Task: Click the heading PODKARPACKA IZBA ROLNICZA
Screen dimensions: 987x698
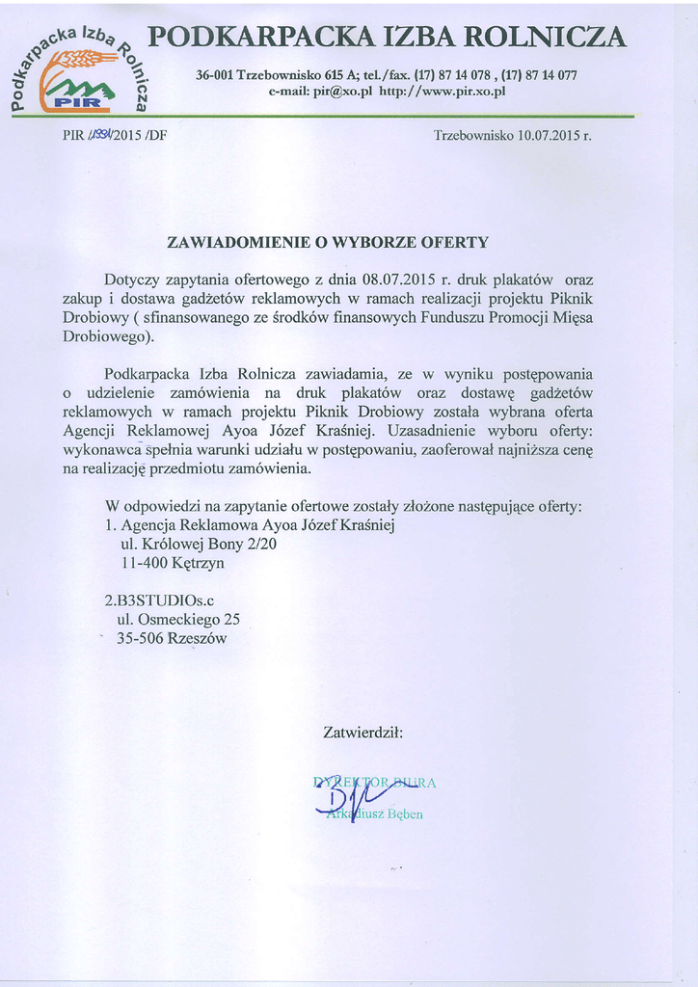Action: point(388,38)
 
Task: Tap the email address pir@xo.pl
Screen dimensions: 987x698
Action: point(342,92)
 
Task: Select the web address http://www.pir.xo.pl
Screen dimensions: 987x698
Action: point(443,92)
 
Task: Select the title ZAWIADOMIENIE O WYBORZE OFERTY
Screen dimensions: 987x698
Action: point(328,241)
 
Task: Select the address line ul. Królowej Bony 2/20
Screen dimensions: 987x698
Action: point(198,544)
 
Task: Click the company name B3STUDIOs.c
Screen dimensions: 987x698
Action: point(159,600)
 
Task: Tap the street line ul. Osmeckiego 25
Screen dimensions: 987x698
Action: point(177,619)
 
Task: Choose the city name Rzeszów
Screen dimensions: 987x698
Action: point(197,637)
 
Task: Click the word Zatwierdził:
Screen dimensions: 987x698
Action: point(362,734)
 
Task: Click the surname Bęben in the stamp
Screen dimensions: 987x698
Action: point(404,814)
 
